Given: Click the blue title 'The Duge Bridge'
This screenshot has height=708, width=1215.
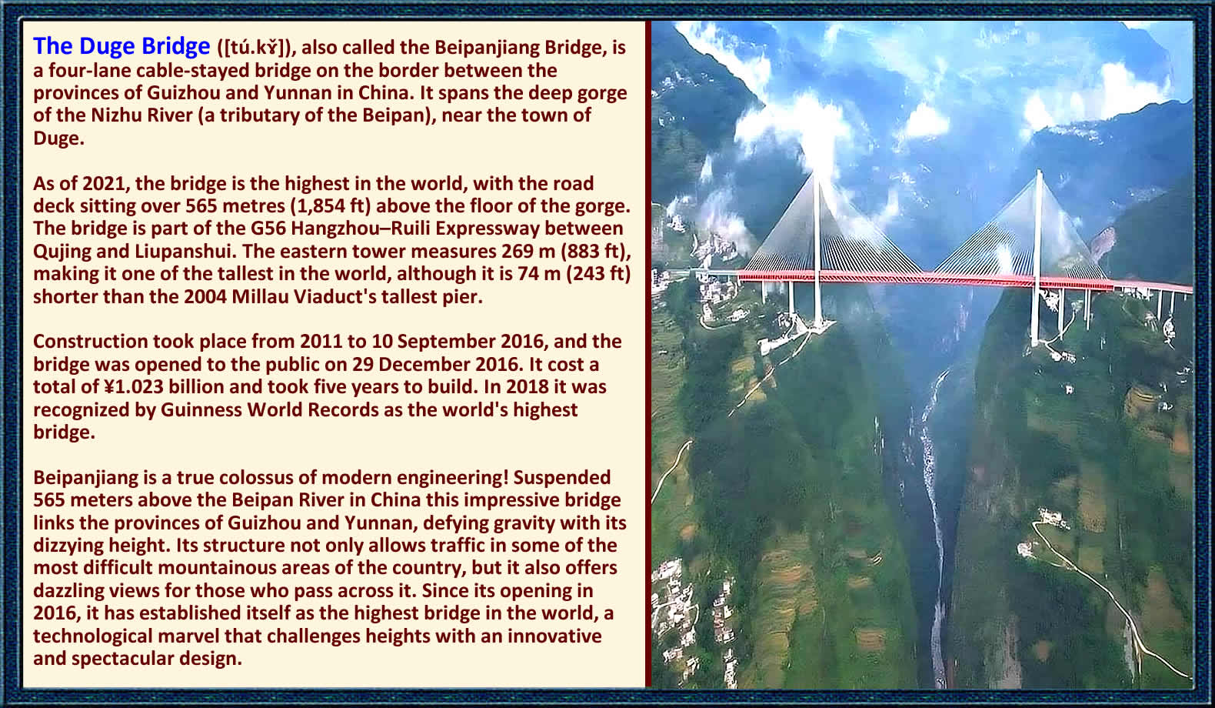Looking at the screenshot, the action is tap(121, 47).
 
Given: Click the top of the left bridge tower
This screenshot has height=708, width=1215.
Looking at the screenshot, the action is tap(814, 172).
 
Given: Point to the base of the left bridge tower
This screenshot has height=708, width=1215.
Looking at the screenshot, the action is tap(817, 325).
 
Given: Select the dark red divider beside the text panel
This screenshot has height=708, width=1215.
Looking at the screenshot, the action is tap(648, 354).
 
